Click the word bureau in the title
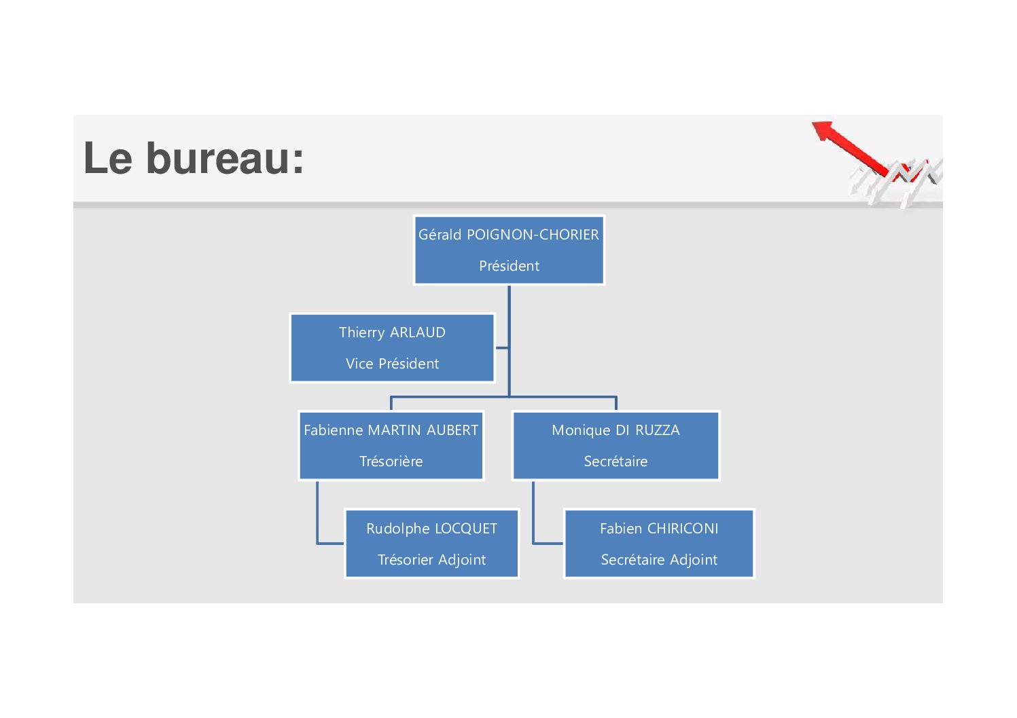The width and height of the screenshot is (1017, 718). click(225, 158)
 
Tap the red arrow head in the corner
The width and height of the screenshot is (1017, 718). click(823, 130)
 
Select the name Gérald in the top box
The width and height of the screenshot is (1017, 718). click(440, 235)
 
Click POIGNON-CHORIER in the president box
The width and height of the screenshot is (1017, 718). click(533, 235)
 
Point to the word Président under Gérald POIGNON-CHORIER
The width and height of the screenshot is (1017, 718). click(509, 266)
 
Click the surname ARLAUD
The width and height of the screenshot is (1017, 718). click(418, 333)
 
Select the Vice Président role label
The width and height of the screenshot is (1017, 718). click(392, 363)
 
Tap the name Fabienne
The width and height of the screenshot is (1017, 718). click(334, 430)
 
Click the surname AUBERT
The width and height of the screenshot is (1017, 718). click(452, 430)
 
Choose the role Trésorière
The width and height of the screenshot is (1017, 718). click(391, 461)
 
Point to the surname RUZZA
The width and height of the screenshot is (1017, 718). click(657, 430)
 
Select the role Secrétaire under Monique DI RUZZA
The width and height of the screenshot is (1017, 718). click(615, 461)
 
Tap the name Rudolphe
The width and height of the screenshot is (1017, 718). click(397, 529)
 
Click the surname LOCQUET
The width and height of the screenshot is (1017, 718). click(466, 529)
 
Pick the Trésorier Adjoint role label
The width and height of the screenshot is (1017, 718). click(432, 560)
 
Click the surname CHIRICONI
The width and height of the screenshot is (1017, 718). click(682, 529)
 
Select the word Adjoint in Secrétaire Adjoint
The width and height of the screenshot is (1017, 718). click(693, 560)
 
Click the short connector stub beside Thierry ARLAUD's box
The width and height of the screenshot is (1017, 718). click(502, 348)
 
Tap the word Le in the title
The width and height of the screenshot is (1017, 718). click(108, 158)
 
